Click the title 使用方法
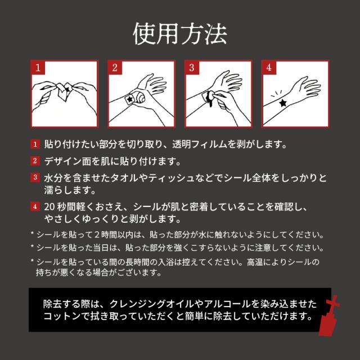tap(180, 34)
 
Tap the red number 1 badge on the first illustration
tap(38, 68)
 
